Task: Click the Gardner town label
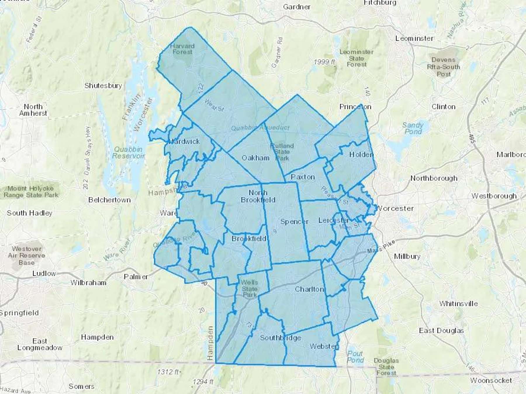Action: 296,7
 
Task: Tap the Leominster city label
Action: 414,38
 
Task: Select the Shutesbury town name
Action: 103,86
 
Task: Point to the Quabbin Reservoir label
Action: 128,152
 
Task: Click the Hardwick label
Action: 184,142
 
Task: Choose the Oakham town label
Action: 255,158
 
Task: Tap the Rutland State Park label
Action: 282,152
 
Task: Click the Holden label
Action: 361,154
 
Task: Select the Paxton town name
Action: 303,177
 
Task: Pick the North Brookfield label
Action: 258,196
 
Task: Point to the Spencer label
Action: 294,222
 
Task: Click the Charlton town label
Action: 309,289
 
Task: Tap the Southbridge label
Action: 280,338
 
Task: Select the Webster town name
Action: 323,346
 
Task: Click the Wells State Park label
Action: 249,289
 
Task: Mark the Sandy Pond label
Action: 413,128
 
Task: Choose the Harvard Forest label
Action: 182,49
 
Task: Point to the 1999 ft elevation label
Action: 324,62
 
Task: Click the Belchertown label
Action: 109,200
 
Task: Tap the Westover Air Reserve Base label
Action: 27,255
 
